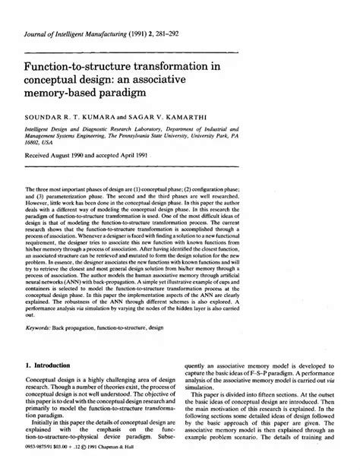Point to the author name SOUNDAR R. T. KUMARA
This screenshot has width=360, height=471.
pos(74,119)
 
